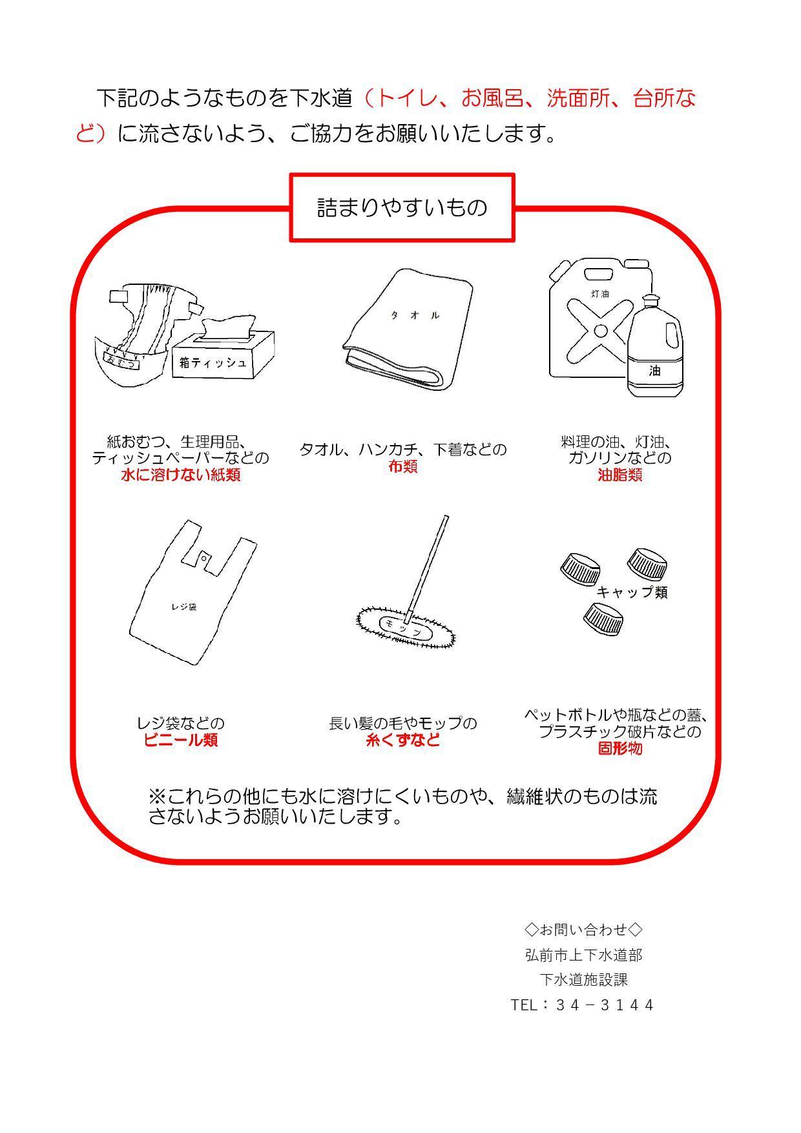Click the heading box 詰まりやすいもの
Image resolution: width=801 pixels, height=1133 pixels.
click(x=402, y=207)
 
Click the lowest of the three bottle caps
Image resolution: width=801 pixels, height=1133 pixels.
click(x=603, y=617)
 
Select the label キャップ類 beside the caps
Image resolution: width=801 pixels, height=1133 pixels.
click(x=632, y=592)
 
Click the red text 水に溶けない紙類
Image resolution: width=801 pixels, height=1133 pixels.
click(x=181, y=475)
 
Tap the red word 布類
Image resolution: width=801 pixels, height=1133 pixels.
click(x=402, y=466)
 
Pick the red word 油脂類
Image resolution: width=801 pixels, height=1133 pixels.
click(x=619, y=475)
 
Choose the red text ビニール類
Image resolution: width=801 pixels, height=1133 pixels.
click(x=181, y=740)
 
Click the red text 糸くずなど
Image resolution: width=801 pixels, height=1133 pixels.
click(x=403, y=740)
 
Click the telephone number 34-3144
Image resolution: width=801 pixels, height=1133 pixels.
click(x=605, y=1005)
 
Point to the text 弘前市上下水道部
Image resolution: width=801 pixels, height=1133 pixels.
click(x=583, y=955)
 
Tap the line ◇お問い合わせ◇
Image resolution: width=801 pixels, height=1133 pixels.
click(x=583, y=930)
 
